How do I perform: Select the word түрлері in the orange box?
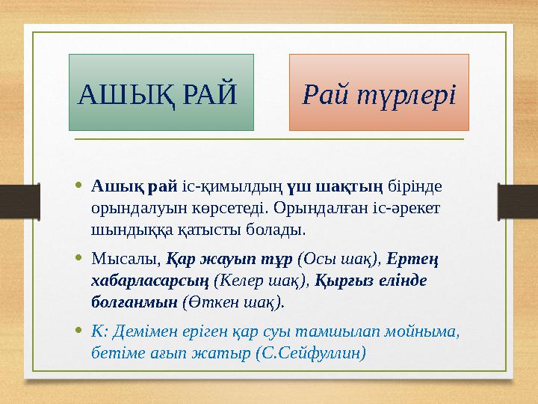pos(406,95)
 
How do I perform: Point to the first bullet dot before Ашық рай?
pos(79,186)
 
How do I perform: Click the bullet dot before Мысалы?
pos(79,257)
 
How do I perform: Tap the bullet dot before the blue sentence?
pos(79,330)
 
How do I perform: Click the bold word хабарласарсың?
pos(150,281)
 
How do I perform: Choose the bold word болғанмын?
pos(134,302)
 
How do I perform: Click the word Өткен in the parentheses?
pos(214,302)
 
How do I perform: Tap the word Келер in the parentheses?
pos(241,281)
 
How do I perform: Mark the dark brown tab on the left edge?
pos(20,202)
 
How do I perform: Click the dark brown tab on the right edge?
pos(518,202)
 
